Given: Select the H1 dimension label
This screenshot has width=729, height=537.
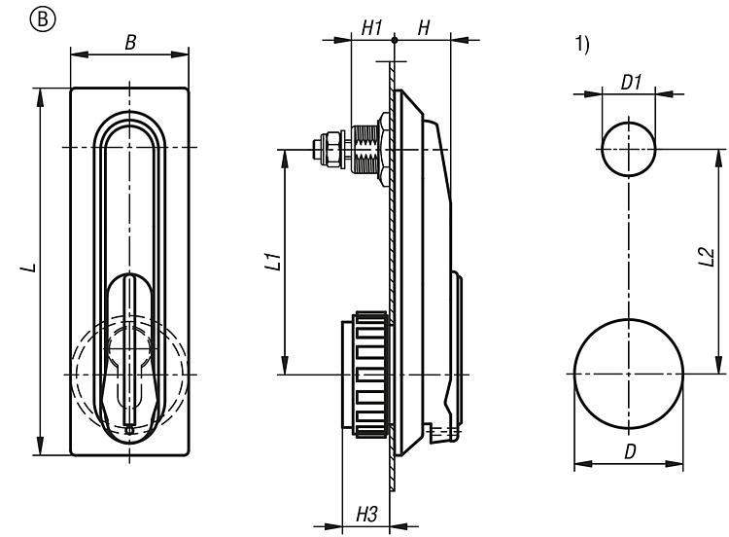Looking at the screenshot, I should [x=371, y=29].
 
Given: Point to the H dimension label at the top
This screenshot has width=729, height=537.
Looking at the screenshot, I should [x=424, y=29].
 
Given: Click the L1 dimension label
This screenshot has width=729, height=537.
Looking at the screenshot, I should [x=272, y=263].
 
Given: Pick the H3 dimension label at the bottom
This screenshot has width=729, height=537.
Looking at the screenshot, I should [x=365, y=513].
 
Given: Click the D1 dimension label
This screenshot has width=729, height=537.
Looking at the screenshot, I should [x=631, y=83].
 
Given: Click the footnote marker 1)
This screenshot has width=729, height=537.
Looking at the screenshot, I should [x=582, y=46].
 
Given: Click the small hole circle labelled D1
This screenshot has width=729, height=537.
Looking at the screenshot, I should [x=627, y=149].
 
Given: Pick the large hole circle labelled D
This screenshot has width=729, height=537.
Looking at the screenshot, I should [x=627, y=374].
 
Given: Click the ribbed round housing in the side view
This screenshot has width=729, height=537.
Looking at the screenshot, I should [x=365, y=374].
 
